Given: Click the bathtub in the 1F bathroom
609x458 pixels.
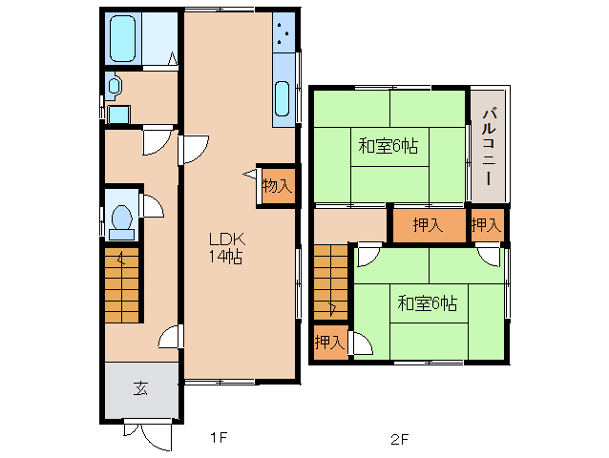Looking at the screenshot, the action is coord(123,39).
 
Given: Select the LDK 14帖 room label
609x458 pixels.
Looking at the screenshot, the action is coord(227,248).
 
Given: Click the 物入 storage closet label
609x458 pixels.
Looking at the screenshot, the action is coord(277,186).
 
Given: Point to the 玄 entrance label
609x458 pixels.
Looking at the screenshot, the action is coord(140,388).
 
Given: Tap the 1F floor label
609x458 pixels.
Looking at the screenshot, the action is coord(219,438).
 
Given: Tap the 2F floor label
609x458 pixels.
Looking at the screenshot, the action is coord(400,439).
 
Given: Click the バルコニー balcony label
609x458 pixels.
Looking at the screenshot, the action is coord(489,147).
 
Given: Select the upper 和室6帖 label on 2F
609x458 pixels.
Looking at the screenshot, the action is coord(388,147).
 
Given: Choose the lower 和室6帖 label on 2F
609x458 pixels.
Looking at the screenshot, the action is coord(428,303).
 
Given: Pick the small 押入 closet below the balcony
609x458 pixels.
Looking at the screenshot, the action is coord(487,225).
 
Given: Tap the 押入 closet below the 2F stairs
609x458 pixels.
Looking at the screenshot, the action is coord(330,343).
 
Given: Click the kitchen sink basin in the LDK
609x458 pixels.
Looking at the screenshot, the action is coord(283,98).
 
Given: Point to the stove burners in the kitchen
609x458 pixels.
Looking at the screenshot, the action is coord(283,32).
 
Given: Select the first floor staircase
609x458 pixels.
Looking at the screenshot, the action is coord(122,285).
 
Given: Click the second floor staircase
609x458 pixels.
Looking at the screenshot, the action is coord(330,282).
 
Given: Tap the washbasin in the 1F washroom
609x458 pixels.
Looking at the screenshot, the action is coord(114,86).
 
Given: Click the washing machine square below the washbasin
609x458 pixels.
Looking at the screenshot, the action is coord(118,114).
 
